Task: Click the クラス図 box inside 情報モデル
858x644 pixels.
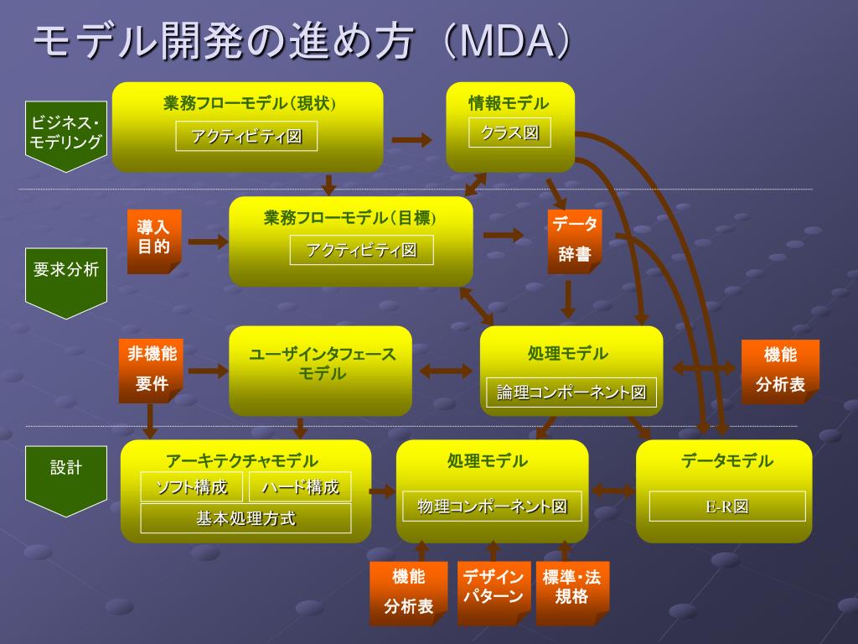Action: click(509, 133)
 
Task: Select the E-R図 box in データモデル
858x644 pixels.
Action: click(727, 506)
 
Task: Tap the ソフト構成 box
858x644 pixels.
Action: click(192, 487)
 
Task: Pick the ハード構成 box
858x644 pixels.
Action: click(300, 487)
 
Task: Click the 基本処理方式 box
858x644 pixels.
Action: click(246, 518)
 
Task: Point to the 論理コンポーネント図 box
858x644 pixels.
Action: click(571, 392)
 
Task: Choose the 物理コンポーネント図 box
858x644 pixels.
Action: click(492, 506)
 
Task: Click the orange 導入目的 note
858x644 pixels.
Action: click(154, 241)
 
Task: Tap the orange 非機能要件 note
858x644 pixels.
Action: click(151, 371)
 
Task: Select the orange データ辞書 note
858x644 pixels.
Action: click(575, 241)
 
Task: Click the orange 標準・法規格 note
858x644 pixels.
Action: click(572, 594)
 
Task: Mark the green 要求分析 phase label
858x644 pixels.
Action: click(65, 283)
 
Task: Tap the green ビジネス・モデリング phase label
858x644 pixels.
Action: click(65, 137)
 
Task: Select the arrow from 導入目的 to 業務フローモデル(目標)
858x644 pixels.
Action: click(208, 241)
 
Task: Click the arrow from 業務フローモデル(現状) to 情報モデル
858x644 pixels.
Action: click(411, 140)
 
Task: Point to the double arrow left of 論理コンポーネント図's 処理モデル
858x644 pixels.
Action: click(446, 371)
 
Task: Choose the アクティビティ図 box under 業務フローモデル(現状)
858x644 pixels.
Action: click(246, 137)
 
